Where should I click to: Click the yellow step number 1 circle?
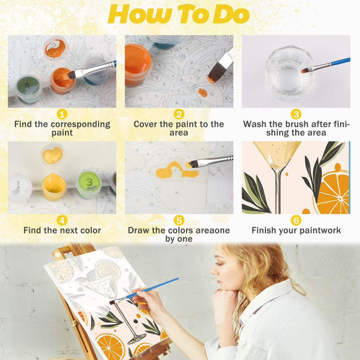[62, 114]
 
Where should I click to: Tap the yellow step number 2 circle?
[179, 114]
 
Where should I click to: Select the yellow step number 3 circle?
[296, 114]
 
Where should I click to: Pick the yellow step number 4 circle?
[62, 220]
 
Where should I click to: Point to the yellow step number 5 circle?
[179, 220]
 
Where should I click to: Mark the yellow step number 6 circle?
[296, 220]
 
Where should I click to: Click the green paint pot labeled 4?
[27, 87]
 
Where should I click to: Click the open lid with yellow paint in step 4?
[52, 154]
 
